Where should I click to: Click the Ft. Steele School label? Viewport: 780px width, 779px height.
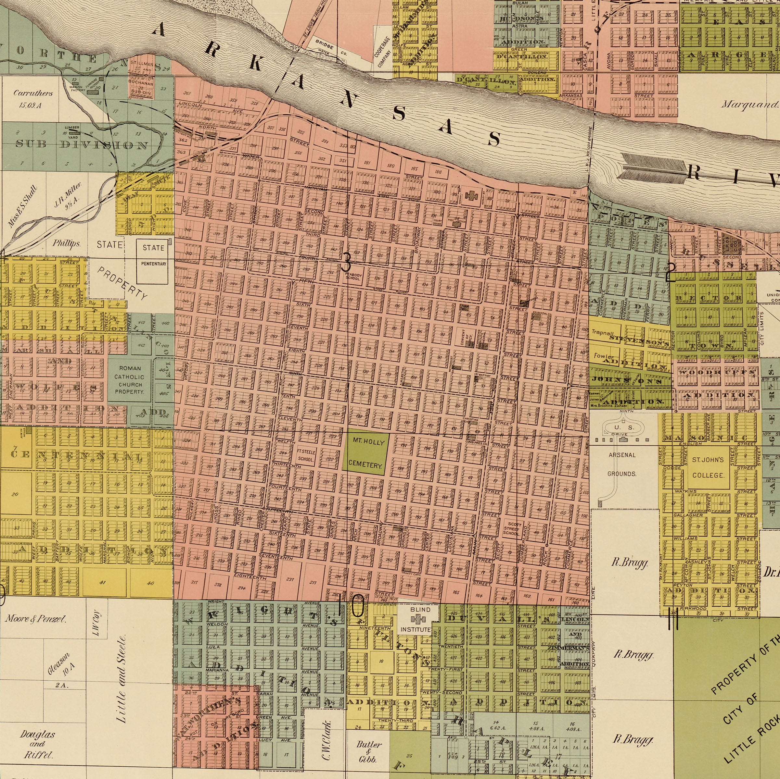[306, 455]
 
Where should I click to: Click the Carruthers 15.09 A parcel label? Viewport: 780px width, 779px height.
[33, 98]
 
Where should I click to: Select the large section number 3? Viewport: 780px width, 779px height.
[346, 264]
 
